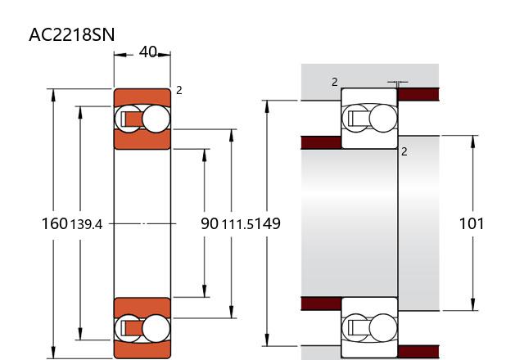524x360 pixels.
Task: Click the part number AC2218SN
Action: tap(71, 34)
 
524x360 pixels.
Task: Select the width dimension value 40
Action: tap(148, 52)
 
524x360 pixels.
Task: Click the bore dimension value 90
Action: tap(210, 223)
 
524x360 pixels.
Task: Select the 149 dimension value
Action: tap(268, 223)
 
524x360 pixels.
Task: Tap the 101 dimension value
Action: tap(472, 223)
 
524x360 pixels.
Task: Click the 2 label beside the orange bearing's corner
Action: tap(178, 90)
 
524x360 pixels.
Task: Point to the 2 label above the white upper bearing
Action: tap(334, 81)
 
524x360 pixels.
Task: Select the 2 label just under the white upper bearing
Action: tap(404, 151)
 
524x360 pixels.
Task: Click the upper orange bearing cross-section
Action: tap(142, 119)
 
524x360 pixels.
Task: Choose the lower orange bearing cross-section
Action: tap(142, 327)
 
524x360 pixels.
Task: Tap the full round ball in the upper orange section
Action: tap(155, 119)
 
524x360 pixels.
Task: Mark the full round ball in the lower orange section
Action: tap(155, 328)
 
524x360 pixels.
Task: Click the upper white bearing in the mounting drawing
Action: tap(369, 118)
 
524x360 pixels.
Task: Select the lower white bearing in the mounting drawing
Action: tap(369, 327)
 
